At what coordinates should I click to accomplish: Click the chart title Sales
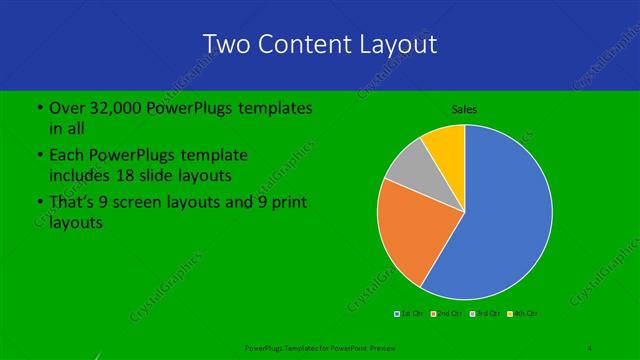pos(465,108)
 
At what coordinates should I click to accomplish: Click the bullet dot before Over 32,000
pos(39,107)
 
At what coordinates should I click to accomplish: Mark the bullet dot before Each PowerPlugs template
pos(39,155)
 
